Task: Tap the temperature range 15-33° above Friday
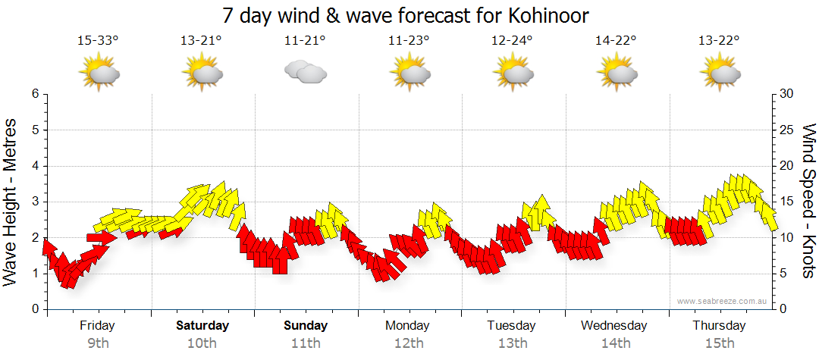coord(98,40)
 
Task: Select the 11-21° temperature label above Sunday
coord(305,40)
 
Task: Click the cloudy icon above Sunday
coord(305,72)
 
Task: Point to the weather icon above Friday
coord(99,73)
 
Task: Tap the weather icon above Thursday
coord(719,73)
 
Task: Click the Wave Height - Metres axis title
coord(11,201)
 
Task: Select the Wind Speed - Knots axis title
coord(808,201)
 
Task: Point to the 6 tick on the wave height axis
coord(35,94)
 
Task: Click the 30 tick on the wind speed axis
coord(786,94)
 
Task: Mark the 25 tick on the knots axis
coord(786,130)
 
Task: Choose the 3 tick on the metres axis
coord(35,202)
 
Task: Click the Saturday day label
coord(202,326)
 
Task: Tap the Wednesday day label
coord(614,326)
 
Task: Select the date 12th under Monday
coord(409,343)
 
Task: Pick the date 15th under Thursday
coord(719,343)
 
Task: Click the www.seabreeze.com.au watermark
coord(722,301)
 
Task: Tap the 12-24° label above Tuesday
coord(512,40)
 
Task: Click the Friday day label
coord(98,326)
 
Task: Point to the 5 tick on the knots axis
coord(783,274)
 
